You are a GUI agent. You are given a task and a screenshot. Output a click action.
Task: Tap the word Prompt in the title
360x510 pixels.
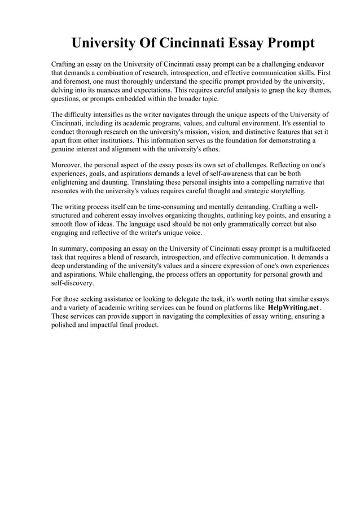(x=284, y=43)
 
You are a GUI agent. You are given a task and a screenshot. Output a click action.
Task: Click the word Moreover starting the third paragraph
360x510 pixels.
(x=66, y=164)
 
